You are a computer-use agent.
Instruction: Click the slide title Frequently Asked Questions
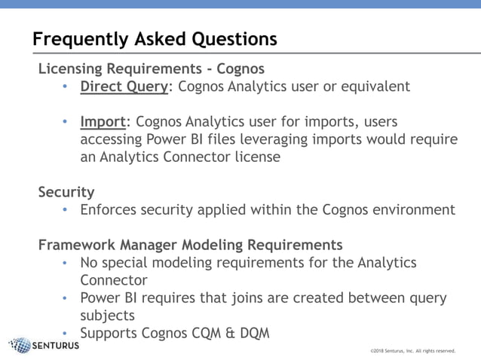click(155, 38)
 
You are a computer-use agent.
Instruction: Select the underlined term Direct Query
click(124, 86)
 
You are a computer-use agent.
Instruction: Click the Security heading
click(66, 192)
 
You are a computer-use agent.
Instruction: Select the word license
click(256, 157)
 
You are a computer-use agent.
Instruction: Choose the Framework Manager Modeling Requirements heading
click(190, 245)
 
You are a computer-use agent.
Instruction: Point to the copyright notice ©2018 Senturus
click(412, 350)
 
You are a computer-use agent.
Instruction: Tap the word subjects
click(108, 315)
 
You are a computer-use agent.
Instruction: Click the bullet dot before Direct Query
click(66, 87)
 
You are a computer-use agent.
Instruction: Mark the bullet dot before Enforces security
click(66, 210)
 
